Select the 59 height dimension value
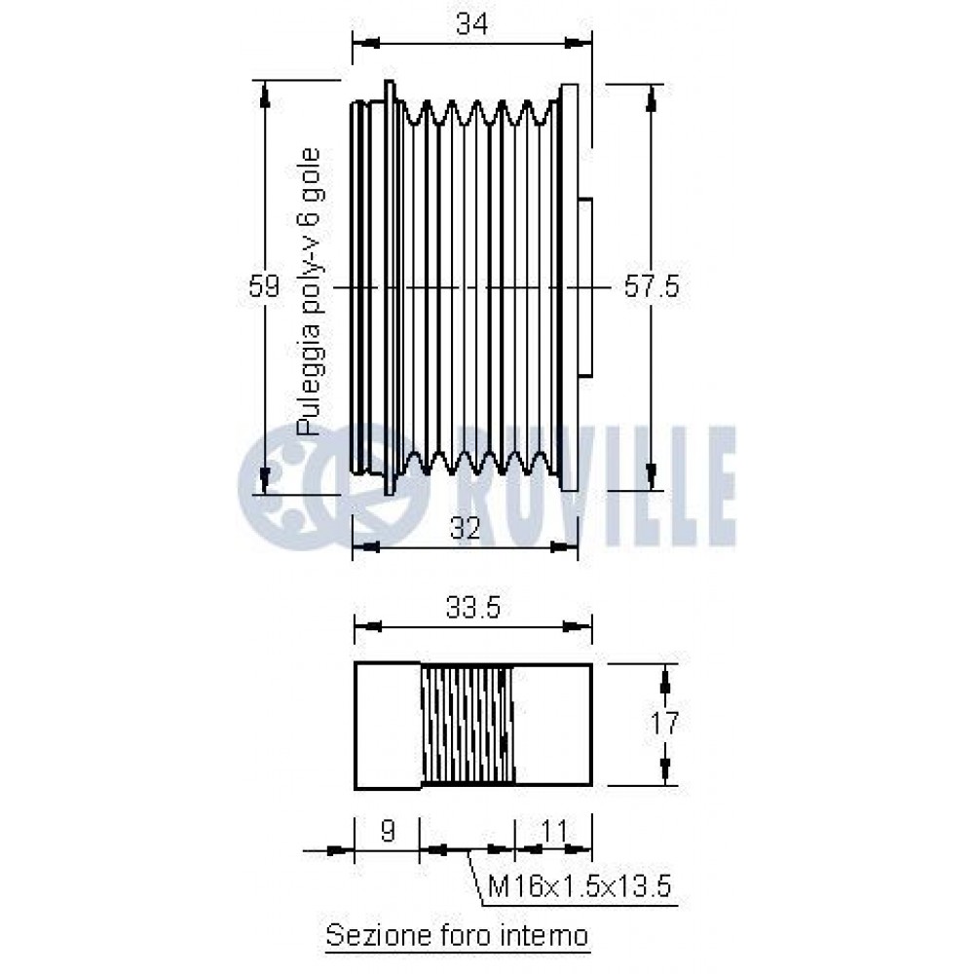264,286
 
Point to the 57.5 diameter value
652,287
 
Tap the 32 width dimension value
466,529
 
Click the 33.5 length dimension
472,608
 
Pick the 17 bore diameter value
664,723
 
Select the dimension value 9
387,831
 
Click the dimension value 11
555,831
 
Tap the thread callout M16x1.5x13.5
580,885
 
